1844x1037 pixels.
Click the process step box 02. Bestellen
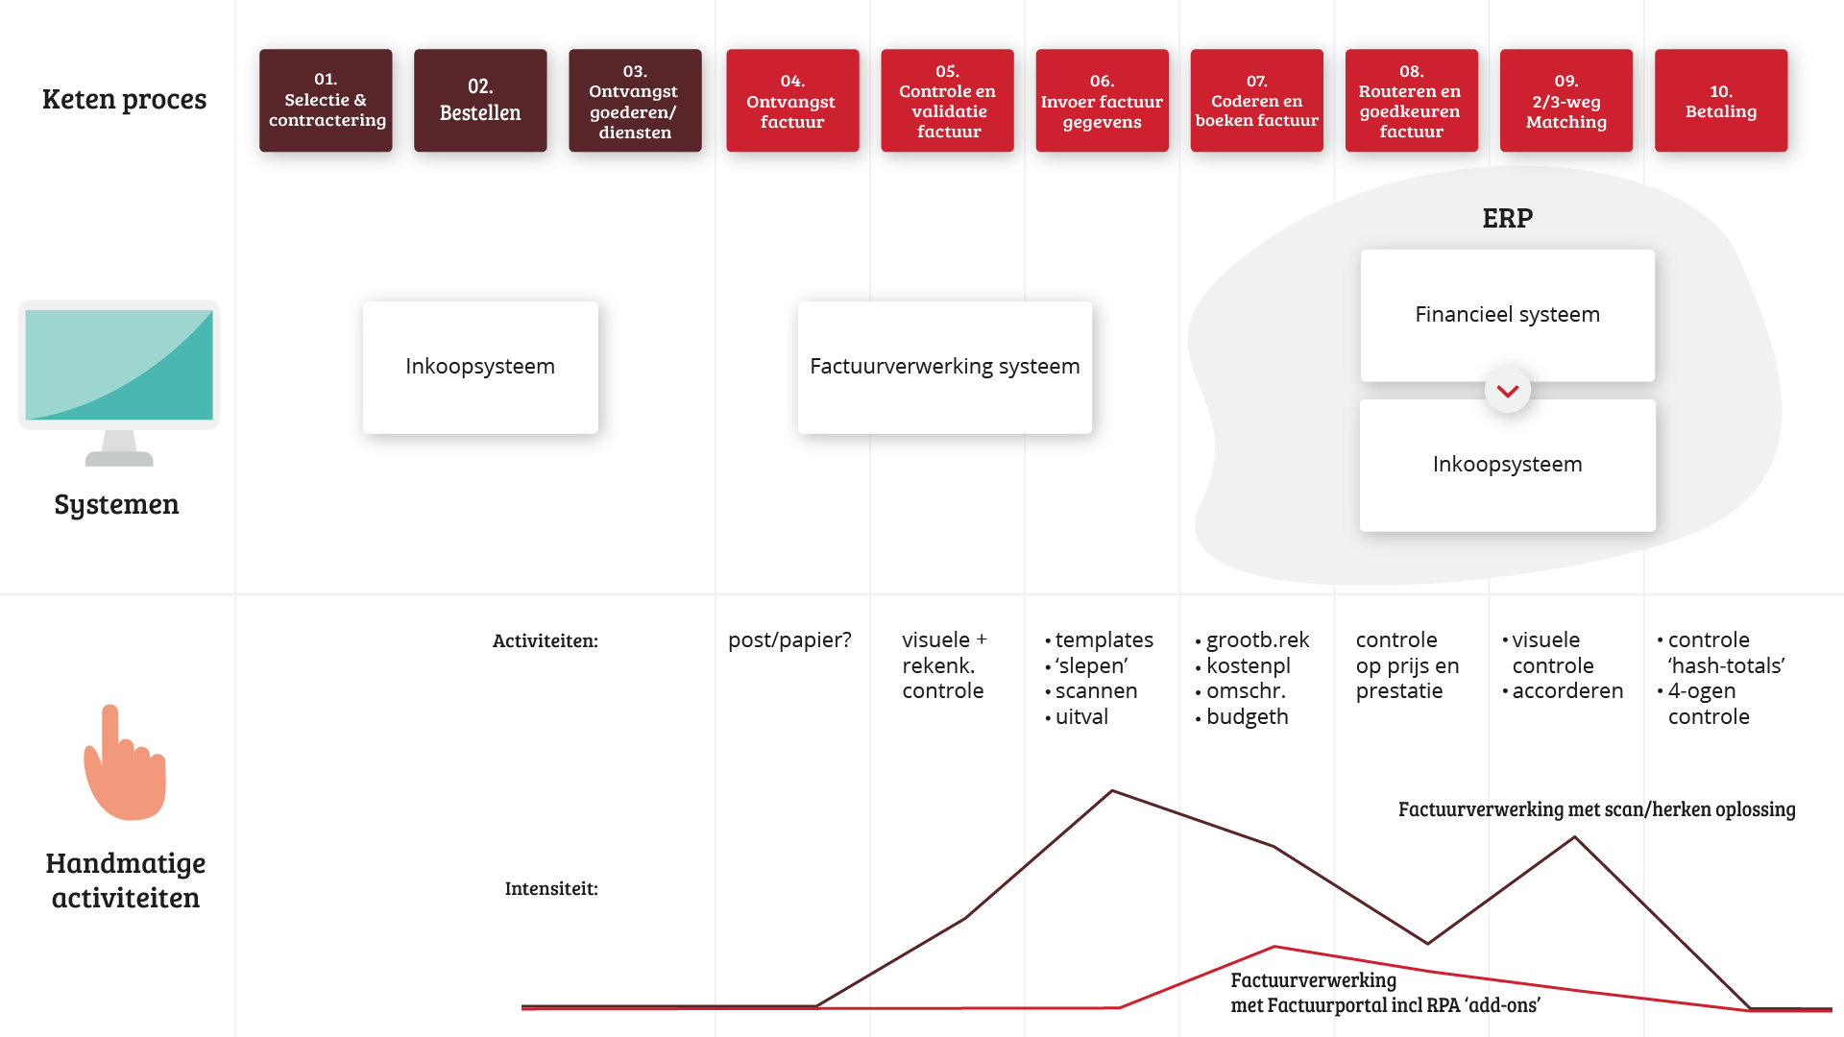coord(480,101)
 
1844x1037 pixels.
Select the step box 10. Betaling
coord(1720,101)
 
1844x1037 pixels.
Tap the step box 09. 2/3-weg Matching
coord(1565,101)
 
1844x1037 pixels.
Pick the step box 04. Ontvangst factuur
coord(792,101)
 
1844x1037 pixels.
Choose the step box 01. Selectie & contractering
coord(326,101)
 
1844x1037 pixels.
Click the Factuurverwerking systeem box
coord(944,367)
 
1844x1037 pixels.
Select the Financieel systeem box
coord(1507,315)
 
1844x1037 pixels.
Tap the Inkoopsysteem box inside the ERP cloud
coord(1507,465)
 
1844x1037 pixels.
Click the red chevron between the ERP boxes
coord(1508,391)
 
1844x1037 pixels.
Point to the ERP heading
coord(1507,218)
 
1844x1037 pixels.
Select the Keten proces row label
coord(124,99)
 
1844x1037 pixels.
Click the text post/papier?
coord(789,639)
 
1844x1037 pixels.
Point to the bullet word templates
coord(1104,639)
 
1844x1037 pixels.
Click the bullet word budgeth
coord(1247,716)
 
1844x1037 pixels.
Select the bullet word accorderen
coord(1567,690)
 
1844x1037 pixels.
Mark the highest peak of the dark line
coord(1112,791)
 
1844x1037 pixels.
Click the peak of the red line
coord(1274,947)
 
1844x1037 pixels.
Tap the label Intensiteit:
coord(551,888)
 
